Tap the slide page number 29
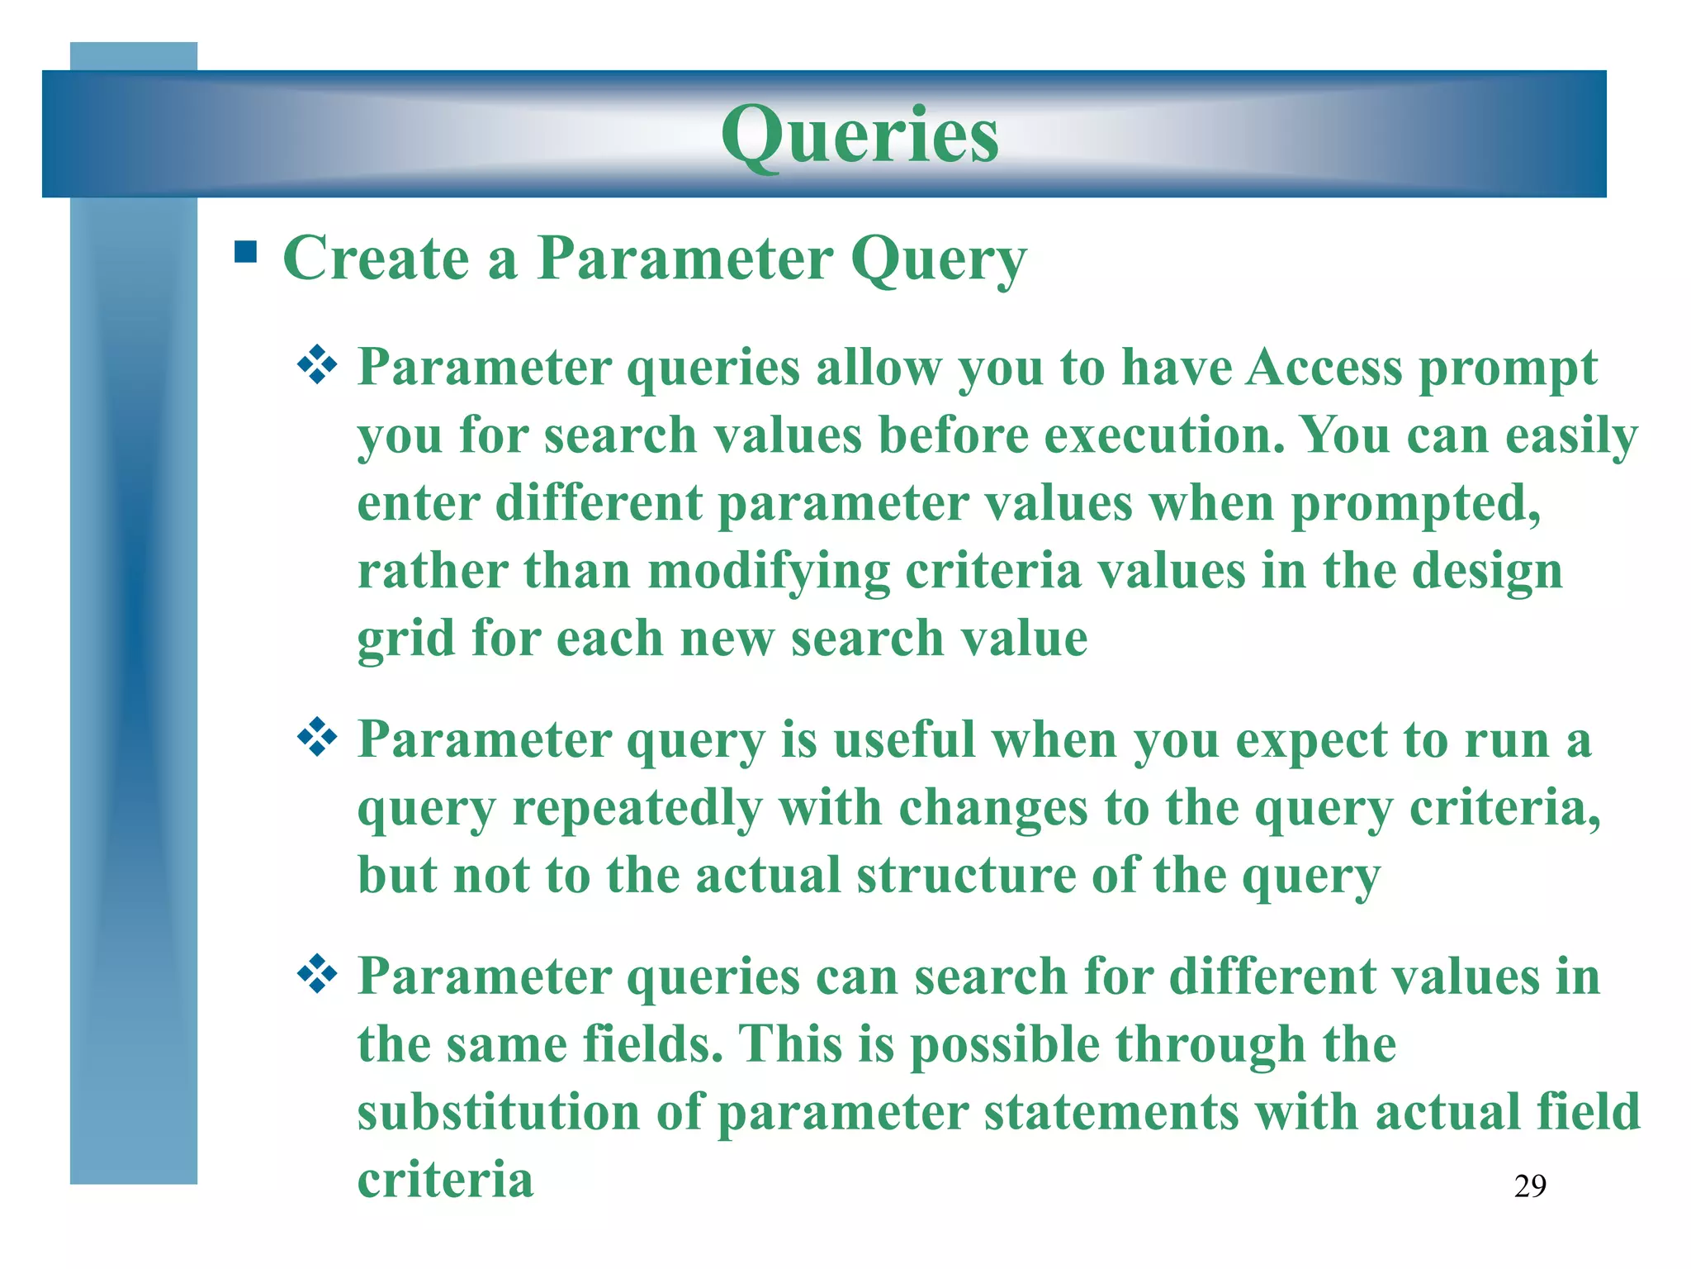pos(1530,1186)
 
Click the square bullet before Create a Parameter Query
pos(245,251)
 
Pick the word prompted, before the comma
pos(1415,504)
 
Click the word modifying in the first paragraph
pos(768,572)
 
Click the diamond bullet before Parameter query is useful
pos(317,738)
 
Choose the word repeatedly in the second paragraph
pos(637,808)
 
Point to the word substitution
pos(499,1112)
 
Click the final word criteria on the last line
pos(445,1180)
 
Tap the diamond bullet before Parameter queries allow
pos(317,365)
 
